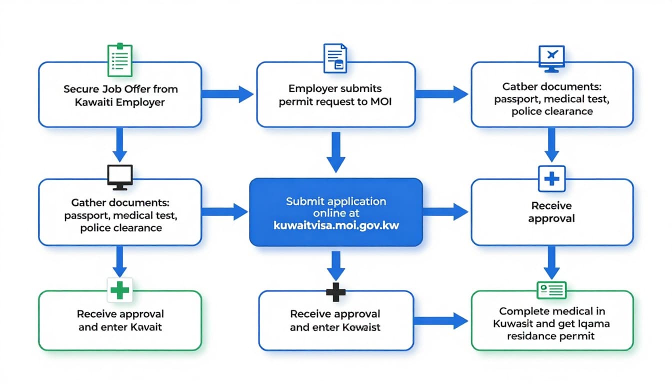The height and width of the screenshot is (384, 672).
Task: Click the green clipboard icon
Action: (120, 59)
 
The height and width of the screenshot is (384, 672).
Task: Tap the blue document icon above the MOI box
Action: (335, 58)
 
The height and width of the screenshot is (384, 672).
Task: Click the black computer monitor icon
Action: (120, 177)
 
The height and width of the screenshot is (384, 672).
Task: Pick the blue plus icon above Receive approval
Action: (551, 178)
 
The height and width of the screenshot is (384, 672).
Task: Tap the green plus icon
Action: (119, 289)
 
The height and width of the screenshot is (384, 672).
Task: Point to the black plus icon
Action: (336, 291)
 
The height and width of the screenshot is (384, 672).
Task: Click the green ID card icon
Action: (551, 289)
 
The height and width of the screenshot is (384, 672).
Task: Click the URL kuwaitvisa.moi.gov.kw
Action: (336, 225)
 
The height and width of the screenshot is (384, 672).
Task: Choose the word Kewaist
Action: (362, 327)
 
